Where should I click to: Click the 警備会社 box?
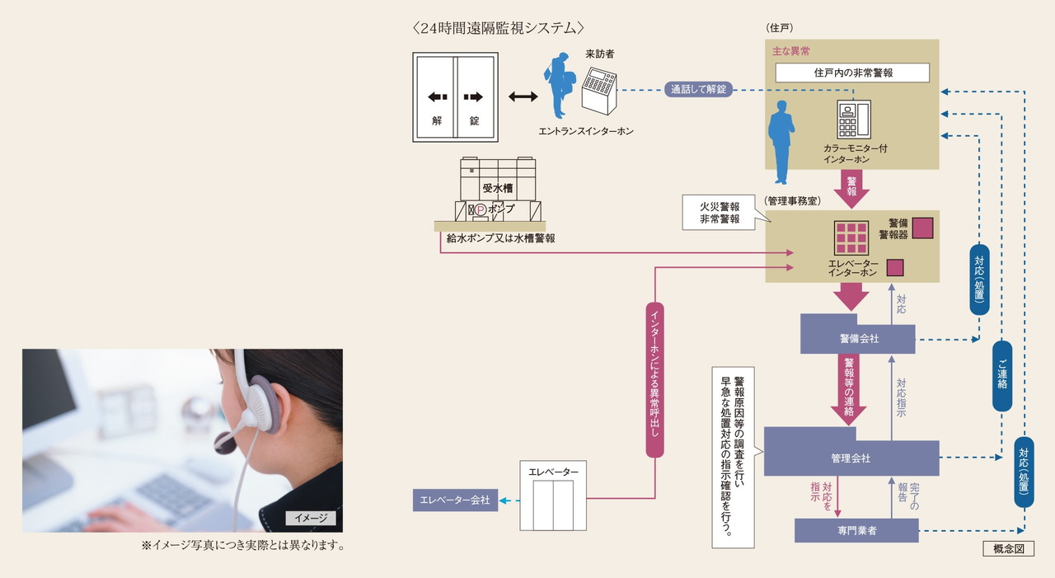point(857,339)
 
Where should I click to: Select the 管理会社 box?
point(851,458)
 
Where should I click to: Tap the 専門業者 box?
point(856,530)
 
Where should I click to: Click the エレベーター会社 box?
point(455,500)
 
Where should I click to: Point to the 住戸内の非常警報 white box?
point(853,73)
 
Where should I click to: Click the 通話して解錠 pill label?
point(698,89)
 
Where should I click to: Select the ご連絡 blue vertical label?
point(1001,376)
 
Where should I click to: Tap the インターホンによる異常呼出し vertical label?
point(654,378)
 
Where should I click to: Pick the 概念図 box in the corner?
point(1008,549)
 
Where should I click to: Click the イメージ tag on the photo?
point(311,518)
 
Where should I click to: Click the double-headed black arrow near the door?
point(523,96)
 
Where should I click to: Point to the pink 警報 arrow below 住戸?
point(851,189)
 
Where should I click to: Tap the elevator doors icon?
point(552,505)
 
